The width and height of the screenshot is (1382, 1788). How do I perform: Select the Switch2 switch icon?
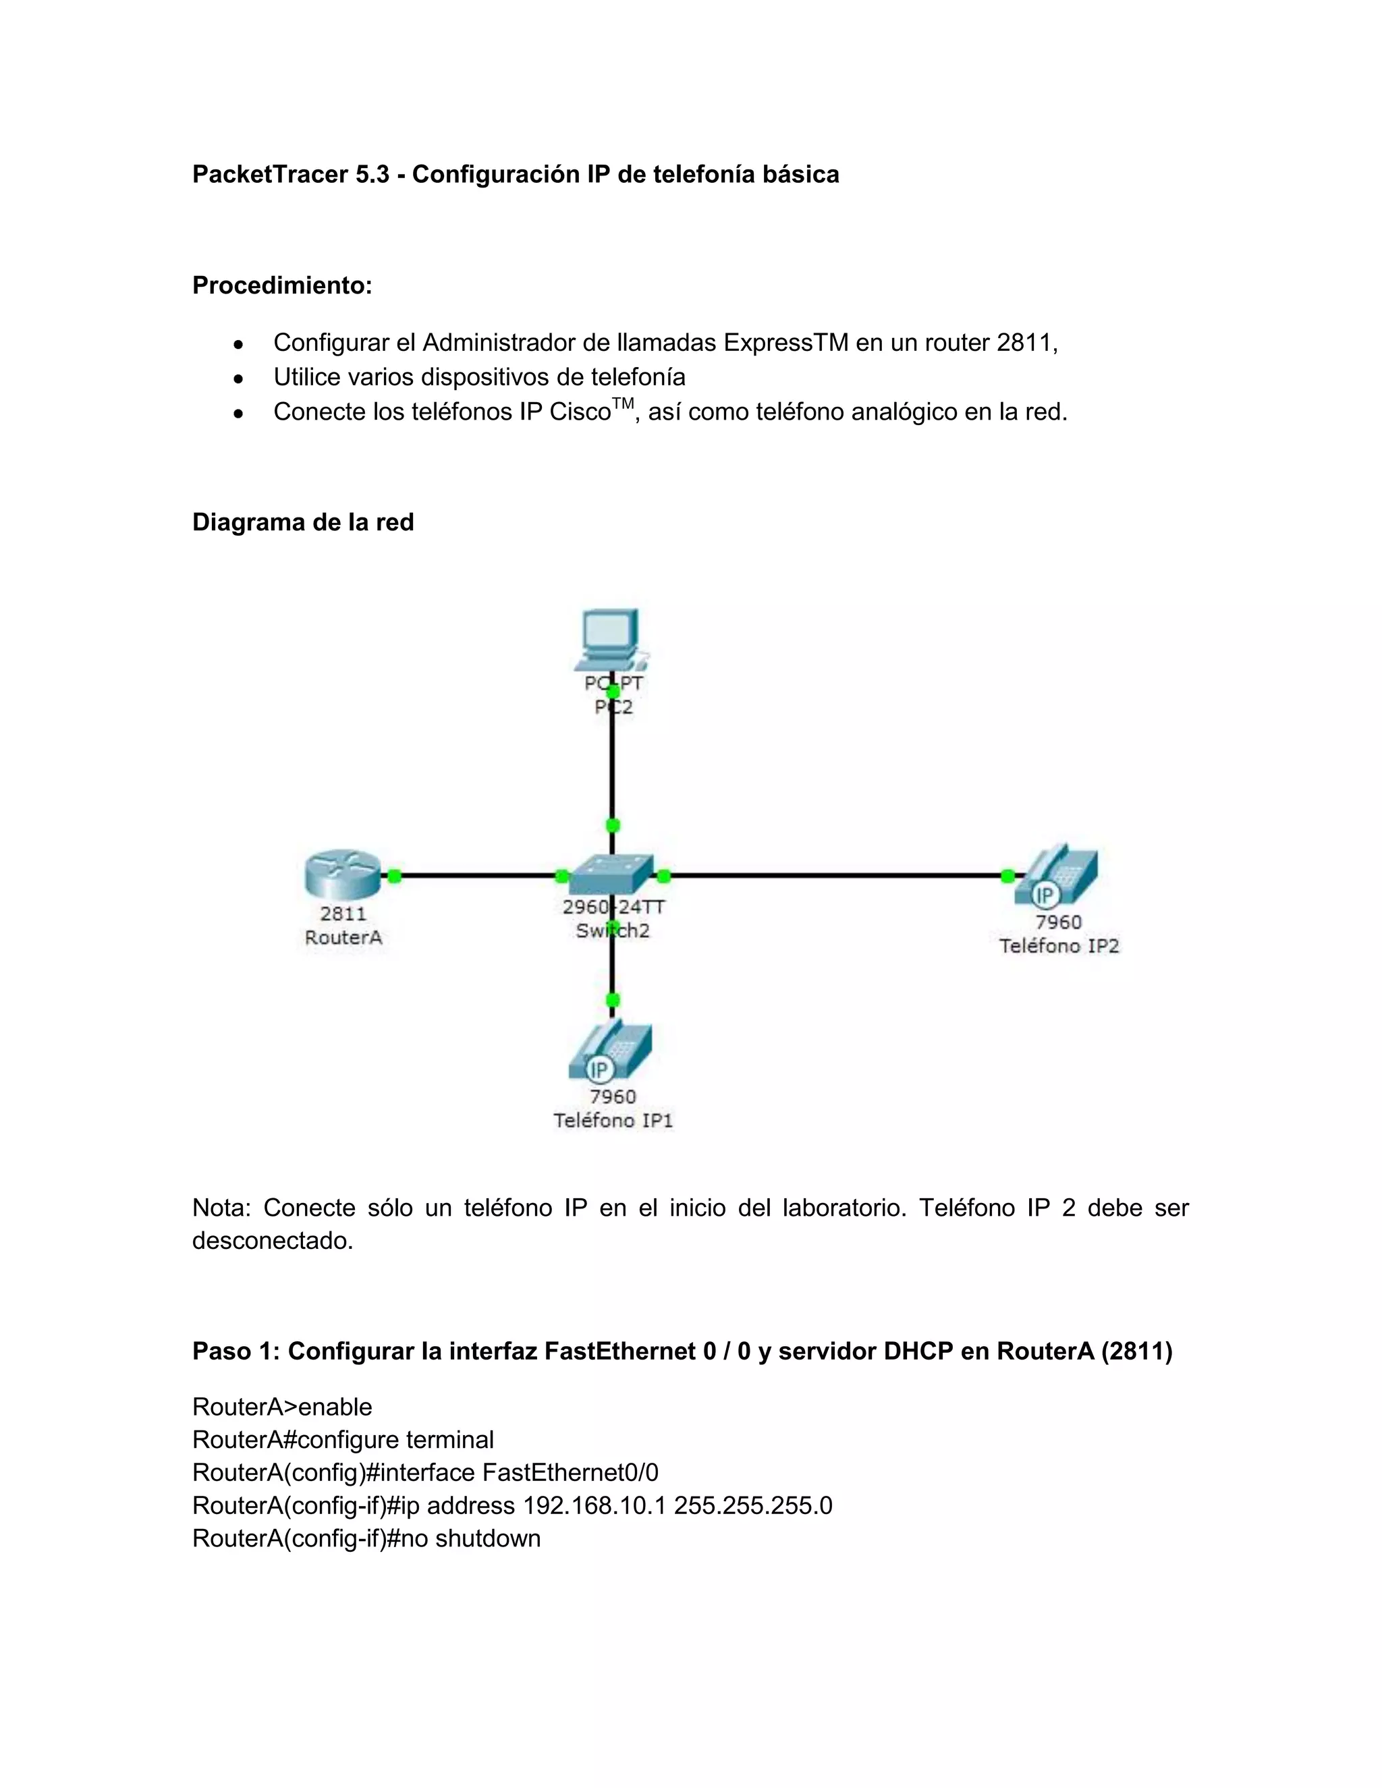(611, 875)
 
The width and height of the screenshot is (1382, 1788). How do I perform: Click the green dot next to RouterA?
(394, 876)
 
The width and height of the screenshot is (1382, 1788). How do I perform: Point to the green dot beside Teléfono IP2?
(1007, 876)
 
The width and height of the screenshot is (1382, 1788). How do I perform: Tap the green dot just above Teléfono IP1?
(611, 1001)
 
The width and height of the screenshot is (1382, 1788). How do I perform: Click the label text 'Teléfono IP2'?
(1059, 947)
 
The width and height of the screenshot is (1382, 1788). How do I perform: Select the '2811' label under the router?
(343, 914)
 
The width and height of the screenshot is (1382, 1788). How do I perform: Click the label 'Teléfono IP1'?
(613, 1120)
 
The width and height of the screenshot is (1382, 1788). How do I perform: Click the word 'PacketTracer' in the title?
(269, 174)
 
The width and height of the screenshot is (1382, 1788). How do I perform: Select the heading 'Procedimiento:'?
(281, 285)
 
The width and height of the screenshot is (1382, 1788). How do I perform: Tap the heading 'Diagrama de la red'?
(303, 522)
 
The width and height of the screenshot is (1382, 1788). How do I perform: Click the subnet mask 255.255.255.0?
(753, 1505)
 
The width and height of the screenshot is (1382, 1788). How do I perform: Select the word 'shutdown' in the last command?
(488, 1538)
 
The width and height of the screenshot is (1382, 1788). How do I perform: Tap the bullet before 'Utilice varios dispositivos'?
(238, 379)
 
